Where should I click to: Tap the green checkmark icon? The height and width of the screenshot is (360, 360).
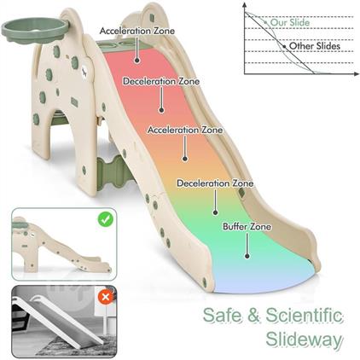106,219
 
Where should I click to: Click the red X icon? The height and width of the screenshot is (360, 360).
106,297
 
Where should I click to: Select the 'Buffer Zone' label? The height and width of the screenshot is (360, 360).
247,227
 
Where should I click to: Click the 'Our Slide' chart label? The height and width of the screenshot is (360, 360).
290,22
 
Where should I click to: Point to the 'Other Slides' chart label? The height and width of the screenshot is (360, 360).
315,46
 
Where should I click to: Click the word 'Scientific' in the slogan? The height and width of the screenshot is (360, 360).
305,316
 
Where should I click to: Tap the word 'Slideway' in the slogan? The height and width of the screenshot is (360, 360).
305,340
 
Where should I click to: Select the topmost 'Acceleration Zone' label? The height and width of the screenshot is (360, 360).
137,31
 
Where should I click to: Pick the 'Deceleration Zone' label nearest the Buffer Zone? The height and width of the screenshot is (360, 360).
215,183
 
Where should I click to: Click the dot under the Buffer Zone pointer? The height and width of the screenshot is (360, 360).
247,256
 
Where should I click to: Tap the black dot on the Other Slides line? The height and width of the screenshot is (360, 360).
284,46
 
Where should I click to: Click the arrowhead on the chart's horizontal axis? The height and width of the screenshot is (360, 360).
356,74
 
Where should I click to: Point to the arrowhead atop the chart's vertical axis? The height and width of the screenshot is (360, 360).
245,4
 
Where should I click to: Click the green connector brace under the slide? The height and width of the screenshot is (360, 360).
112,171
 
